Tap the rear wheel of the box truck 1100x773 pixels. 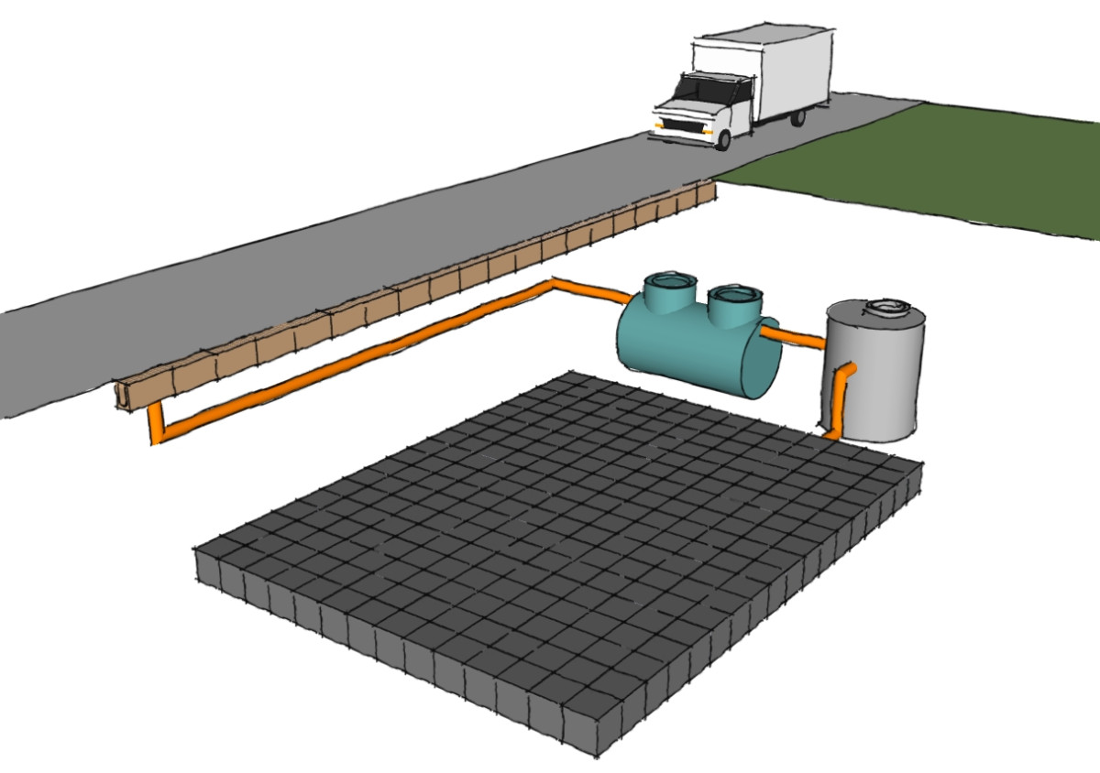pyautogui.click(x=797, y=117)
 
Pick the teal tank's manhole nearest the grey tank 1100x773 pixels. pyautogui.click(x=734, y=296)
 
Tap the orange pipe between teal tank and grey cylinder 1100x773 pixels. pyautogui.click(x=801, y=338)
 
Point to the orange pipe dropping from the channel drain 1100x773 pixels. pyautogui.click(x=155, y=424)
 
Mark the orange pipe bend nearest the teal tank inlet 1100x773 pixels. pyautogui.click(x=554, y=285)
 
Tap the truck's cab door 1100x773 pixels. pyautogui.click(x=738, y=103)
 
